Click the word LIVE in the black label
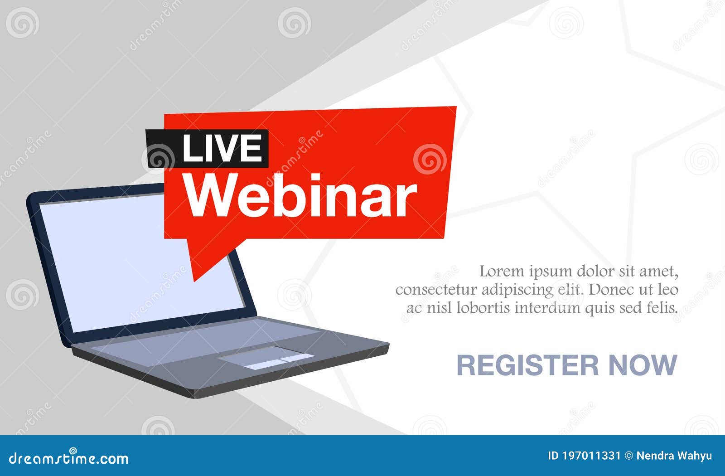222,149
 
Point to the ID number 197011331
591,456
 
